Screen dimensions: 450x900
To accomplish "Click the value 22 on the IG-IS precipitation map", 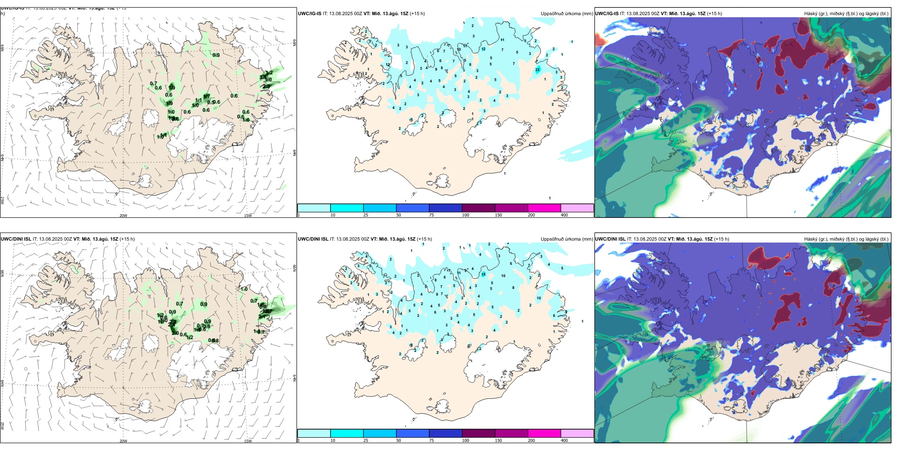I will tap(538, 70).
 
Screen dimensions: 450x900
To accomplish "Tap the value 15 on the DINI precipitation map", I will tap(484, 274).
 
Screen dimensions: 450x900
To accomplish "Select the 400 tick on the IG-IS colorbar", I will tap(564, 215).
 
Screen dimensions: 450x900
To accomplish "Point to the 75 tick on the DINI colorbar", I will tap(431, 441).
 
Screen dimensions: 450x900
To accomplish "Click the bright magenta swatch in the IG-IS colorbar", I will tap(544, 208).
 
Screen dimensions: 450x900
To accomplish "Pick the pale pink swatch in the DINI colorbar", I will tap(577, 433).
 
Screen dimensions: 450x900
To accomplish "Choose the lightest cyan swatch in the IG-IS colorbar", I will tap(314, 208).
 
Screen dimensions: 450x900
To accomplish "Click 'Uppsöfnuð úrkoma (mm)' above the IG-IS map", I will tap(567, 14).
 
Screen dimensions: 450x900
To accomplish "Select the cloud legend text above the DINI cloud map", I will tap(846, 239).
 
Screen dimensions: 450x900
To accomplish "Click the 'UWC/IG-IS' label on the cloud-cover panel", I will tap(607, 14).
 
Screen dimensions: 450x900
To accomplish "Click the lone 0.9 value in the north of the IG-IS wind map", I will tap(216, 55).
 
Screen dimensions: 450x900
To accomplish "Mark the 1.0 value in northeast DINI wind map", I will tap(244, 289).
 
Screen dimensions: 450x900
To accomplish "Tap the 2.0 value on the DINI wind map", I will tap(175, 333).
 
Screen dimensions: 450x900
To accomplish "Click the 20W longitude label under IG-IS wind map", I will tap(123, 216).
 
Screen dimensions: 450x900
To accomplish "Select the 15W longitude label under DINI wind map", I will tap(248, 441).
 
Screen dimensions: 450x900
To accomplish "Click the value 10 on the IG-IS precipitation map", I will tap(459, 49).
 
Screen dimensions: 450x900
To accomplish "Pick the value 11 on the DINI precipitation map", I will tap(459, 273).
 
